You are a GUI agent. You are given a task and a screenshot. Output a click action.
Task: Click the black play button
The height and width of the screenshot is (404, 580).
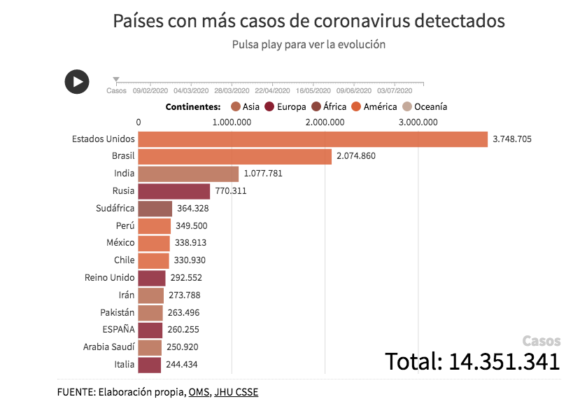pos(77,81)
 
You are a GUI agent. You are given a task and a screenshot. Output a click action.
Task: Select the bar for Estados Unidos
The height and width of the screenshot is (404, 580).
pos(313,139)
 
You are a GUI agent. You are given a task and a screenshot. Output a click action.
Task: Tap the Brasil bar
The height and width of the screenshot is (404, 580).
pos(235,156)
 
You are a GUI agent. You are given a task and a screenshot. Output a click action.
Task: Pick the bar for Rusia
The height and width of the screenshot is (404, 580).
pos(174,191)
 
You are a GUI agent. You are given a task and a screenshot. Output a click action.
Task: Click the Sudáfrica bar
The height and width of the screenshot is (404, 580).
pos(155,209)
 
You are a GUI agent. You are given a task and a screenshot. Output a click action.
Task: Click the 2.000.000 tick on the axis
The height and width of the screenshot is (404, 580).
pos(325,123)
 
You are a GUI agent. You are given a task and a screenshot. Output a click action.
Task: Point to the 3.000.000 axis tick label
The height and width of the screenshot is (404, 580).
pos(418,123)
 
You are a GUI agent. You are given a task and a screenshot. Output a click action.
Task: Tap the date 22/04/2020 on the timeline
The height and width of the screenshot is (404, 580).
pos(273,90)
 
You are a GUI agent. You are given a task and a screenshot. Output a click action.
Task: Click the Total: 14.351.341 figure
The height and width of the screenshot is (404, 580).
pos(472,361)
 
